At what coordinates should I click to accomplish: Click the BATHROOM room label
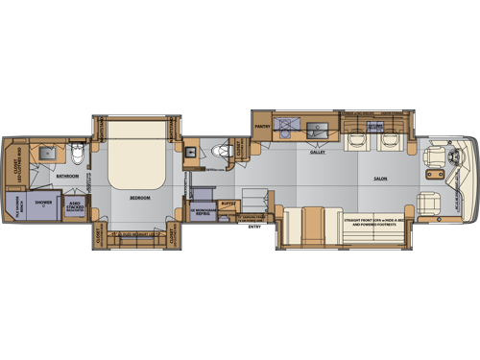66,177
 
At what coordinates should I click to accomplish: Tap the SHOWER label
44,203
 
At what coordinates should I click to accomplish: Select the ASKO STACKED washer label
75,205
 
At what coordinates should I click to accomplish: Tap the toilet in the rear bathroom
81,152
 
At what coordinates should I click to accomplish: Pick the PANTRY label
261,125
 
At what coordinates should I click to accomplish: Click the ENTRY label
253,227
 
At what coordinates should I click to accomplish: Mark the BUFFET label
228,203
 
